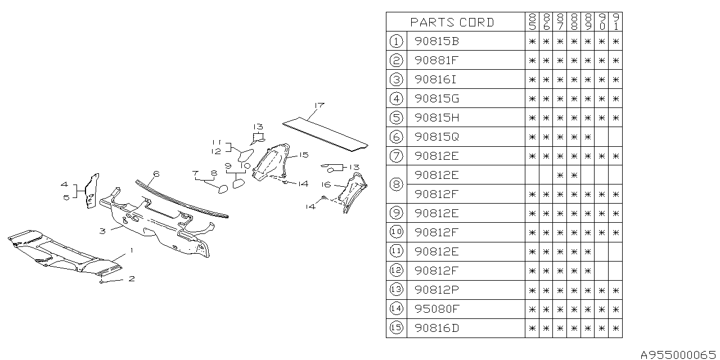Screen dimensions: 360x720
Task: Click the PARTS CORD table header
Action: click(x=452, y=22)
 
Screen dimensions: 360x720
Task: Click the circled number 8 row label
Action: click(x=396, y=185)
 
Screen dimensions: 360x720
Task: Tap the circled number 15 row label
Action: click(x=396, y=328)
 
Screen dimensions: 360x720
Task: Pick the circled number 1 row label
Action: click(x=396, y=42)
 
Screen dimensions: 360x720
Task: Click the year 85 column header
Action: click(x=532, y=22)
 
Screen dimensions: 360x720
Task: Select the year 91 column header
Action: click(x=616, y=22)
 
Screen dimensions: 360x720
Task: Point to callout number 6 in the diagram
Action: click(x=157, y=174)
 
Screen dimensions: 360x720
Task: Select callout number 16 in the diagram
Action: click(x=326, y=184)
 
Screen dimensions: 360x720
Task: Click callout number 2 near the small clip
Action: click(x=131, y=278)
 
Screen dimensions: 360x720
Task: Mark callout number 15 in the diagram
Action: click(x=303, y=155)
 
